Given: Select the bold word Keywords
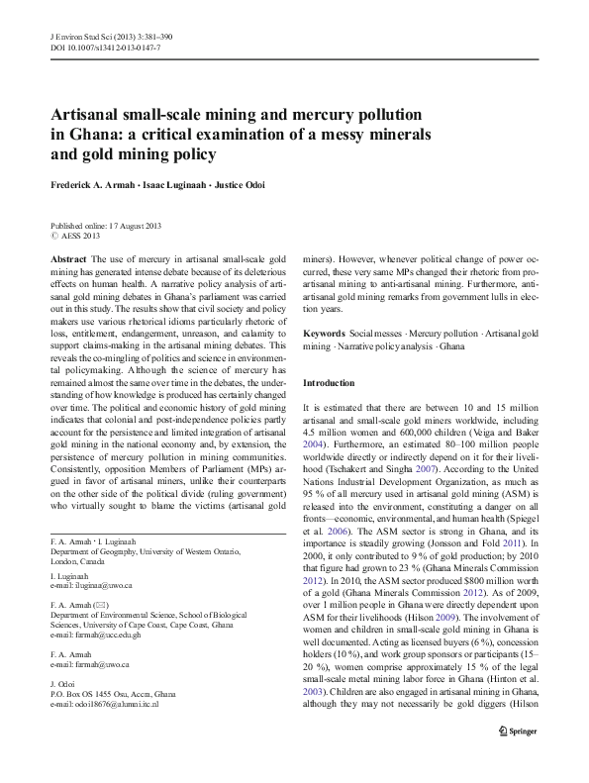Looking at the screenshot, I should click(x=325, y=335).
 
